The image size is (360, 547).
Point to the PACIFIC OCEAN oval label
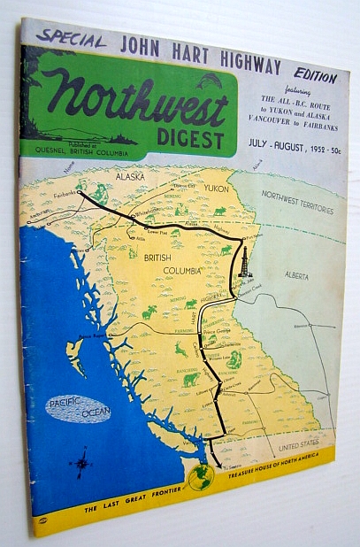(79, 409)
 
